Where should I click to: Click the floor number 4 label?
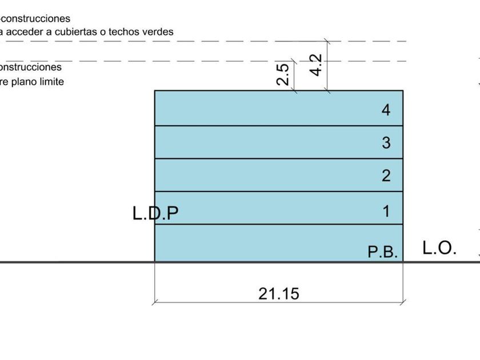point(386,110)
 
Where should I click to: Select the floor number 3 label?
point(386,142)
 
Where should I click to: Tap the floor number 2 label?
point(386,175)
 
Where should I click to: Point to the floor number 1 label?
point(386,211)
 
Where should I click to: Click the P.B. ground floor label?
point(382,252)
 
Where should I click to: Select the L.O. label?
point(439,248)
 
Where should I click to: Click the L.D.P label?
point(155,213)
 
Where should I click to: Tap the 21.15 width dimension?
point(279,294)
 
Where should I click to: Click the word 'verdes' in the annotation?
point(157,32)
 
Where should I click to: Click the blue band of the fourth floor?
point(257,108)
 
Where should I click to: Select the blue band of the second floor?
point(257,175)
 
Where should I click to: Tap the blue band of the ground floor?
point(257,243)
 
